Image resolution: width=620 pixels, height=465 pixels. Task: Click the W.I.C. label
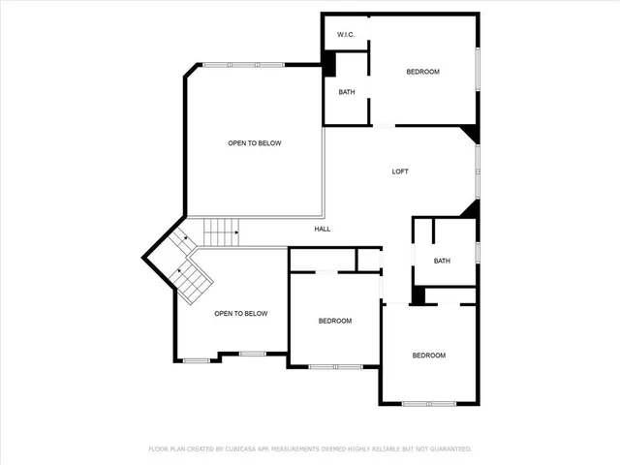(x=346, y=35)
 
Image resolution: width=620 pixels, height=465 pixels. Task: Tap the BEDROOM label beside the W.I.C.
(x=422, y=72)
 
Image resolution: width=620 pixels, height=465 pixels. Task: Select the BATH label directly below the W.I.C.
(x=346, y=92)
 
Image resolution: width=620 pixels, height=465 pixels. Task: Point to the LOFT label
(x=400, y=171)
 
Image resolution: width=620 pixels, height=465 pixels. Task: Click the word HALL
(x=323, y=230)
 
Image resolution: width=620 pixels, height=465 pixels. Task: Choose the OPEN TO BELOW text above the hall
(x=254, y=143)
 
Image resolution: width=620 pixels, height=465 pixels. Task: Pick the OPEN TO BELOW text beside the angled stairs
(x=240, y=313)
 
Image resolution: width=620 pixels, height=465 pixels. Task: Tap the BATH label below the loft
(x=442, y=261)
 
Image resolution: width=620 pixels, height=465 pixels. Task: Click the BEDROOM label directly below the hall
(x=335, y=321)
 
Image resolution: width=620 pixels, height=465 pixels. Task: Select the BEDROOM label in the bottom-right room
(x=429, y=356)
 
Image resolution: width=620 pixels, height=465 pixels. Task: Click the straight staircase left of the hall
(x=221, y=232)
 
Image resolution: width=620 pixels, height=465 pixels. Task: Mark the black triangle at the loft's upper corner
(x=469, y=133)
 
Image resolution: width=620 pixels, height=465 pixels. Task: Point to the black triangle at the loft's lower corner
(x=469, y=209)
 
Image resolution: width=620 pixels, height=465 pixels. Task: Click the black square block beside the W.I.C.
(x=328, y=64)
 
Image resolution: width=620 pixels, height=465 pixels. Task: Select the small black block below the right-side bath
(x=418, y=296)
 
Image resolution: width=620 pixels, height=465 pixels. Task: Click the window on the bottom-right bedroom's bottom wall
(x=428, y=403)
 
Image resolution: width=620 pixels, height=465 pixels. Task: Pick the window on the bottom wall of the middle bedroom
(x=335, y=366)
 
